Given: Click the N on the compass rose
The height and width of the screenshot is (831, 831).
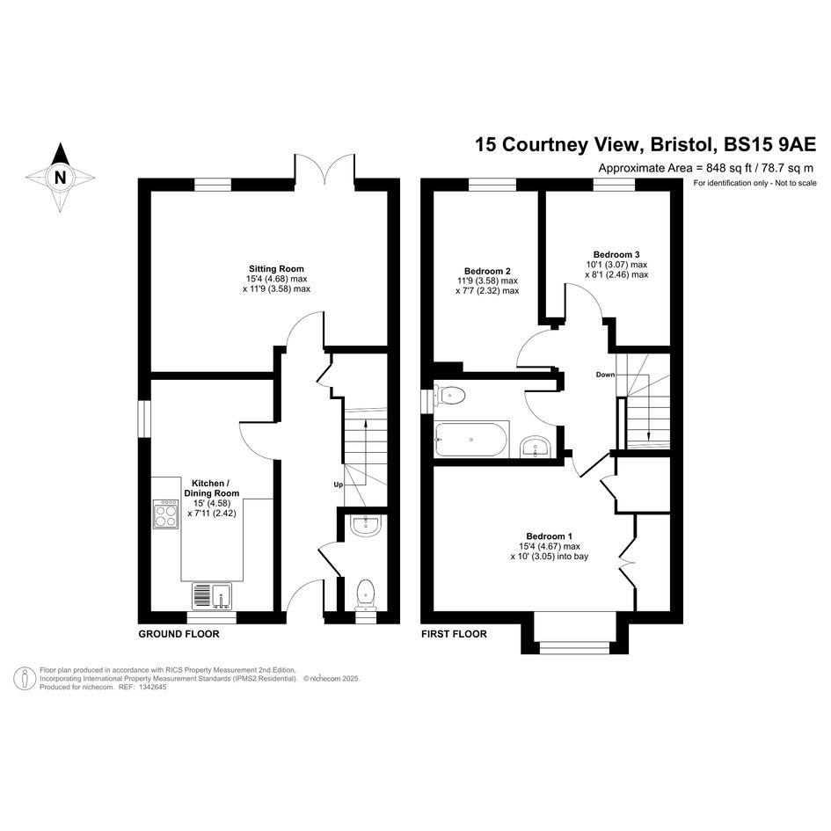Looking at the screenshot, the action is click(61, 177).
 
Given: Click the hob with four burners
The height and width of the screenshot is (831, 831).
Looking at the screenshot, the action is click(165, 514).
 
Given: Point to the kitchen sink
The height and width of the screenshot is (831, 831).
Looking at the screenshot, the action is click(212, 594).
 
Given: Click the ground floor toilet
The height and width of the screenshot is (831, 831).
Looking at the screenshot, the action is click(365, 596).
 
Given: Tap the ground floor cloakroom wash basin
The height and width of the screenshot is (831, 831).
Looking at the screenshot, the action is click(365, 526).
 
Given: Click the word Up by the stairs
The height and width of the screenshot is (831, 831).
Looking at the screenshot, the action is click(339, 485).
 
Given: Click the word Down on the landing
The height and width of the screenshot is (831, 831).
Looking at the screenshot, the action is click(605, 375).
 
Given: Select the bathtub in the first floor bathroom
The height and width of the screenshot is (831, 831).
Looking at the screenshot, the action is click(471, 440).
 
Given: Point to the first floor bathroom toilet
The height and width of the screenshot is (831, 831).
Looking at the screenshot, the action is click(449, 396).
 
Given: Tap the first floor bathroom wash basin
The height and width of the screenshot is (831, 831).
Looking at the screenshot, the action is click(536, 447).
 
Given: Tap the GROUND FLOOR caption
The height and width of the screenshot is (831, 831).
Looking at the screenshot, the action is click(179, 634).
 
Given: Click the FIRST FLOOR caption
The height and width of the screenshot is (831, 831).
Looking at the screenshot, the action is click(454, 634).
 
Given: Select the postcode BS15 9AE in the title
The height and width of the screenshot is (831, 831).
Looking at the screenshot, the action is click(770, 144).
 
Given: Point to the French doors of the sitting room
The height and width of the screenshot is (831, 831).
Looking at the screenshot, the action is click(324, 169).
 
